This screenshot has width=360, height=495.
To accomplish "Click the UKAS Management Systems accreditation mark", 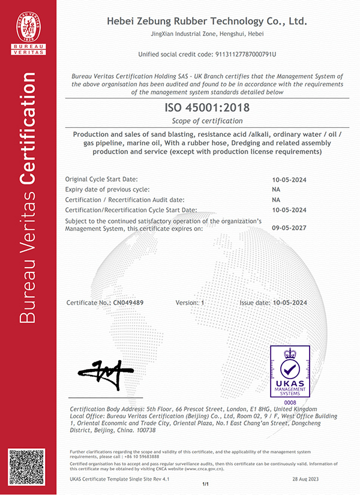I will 290,371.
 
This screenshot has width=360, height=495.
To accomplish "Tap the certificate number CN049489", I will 128,303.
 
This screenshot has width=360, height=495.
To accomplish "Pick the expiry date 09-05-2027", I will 289,228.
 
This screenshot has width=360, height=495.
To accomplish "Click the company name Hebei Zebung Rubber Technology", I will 206,21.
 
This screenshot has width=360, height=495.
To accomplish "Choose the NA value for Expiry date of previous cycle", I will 276,189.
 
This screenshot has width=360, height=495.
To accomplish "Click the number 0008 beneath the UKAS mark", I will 290,401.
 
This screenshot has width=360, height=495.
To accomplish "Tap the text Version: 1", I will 190,303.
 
